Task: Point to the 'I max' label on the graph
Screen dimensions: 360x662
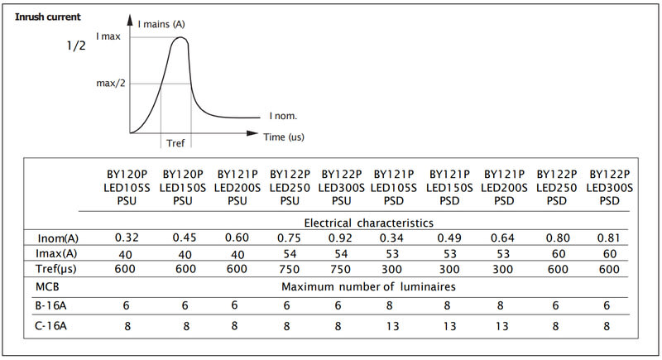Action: pos(109,36)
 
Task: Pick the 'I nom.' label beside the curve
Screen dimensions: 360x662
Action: pos(283,116)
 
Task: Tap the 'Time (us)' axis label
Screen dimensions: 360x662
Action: pos(284,137)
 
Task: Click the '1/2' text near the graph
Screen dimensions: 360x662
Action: pos(76,46)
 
